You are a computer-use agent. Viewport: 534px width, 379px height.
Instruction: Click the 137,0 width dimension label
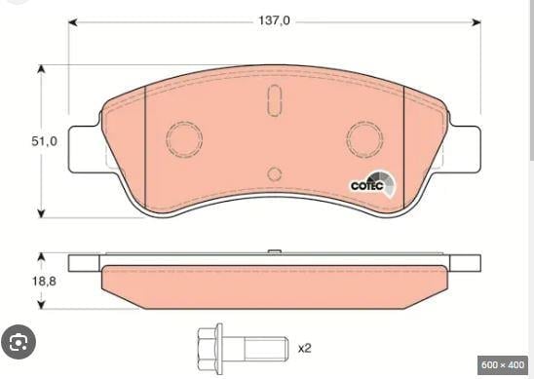pos(274,20)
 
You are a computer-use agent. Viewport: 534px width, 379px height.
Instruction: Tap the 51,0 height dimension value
pos(44,141)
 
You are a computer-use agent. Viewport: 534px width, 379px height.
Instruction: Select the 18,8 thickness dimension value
pos(44,282)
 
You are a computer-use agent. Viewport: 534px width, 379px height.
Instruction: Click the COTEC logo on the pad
pos(373,185)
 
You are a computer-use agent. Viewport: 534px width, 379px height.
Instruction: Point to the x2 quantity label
pos(305,349)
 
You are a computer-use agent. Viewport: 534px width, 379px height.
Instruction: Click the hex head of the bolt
pos(210,350)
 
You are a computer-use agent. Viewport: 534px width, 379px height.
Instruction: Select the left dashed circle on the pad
pos(184,139)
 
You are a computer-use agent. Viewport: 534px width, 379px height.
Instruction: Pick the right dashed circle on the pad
pos(364,139)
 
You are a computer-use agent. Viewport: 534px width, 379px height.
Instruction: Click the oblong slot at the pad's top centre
pos(274,99)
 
